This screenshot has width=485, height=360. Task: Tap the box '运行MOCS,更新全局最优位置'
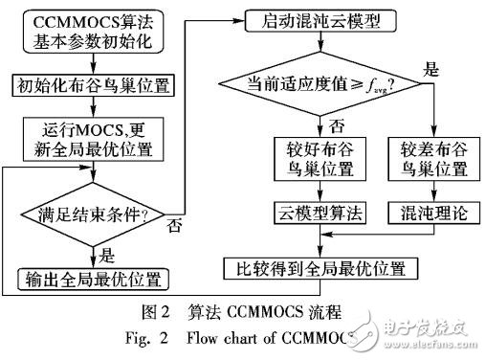94,136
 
